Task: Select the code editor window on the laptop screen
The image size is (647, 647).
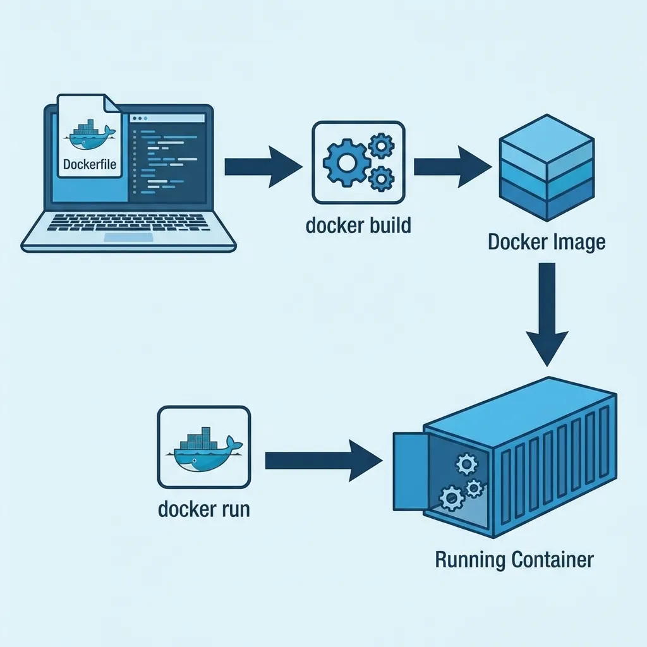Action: coord(167,157)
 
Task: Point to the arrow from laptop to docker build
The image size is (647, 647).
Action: coord(262,167)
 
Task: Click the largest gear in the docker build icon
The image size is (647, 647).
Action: coord(346,163)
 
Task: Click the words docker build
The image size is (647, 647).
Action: coord(358,225)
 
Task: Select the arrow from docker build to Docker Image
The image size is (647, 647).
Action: coord(452,167)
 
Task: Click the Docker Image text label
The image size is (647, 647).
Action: coord(547,242)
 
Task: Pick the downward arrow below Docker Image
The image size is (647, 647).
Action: coord(547,316)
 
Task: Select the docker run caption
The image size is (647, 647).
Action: coord(203,509)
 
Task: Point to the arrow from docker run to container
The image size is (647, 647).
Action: coord(322,459)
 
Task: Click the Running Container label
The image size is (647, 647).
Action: coord(514,560)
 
